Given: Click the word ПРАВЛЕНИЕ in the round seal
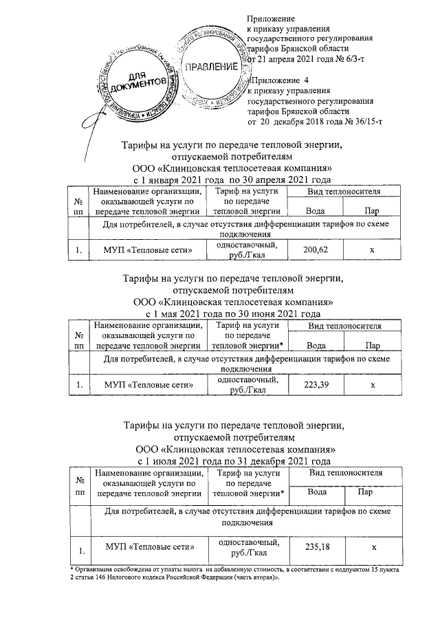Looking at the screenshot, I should click(209, 67).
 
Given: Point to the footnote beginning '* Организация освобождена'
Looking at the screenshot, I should click(234, 574).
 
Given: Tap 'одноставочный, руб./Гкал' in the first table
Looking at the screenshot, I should click(247, 250).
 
